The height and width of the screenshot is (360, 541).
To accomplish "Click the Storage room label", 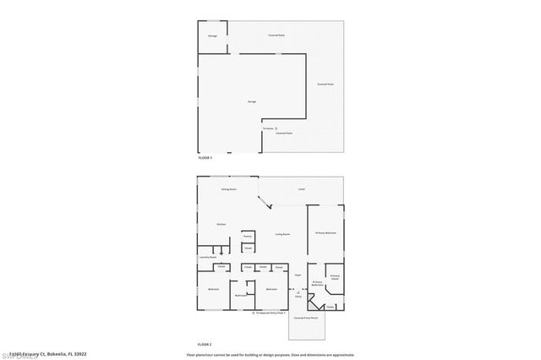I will [x=212, y=35].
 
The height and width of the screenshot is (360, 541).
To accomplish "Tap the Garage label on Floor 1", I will [x=252, y=101].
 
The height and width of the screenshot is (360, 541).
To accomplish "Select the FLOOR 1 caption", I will [x=205, y=158].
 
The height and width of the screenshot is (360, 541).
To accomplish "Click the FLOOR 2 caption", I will [x=205, y=345].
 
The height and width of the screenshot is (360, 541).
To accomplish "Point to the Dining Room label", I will [x=228, y=189].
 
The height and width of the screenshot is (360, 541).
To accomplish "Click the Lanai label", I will [x=302, y=189].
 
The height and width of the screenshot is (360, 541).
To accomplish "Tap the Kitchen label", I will [x=221, y=224].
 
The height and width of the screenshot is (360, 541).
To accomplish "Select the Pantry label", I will [x=248, y=236].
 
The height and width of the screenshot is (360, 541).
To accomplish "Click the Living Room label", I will [x=282, y=233].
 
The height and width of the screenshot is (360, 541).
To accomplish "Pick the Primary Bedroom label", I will [x=326, y=232].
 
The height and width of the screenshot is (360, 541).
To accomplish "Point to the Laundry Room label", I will [x=209, y=257].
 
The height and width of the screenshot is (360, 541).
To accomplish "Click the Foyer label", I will [x=298, y=275].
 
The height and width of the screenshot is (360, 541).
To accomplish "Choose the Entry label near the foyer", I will [x=298, y=296].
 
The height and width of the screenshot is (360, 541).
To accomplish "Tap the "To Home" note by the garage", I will [x=268, y=128].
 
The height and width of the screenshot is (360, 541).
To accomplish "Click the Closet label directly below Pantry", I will [x=248, y=248].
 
